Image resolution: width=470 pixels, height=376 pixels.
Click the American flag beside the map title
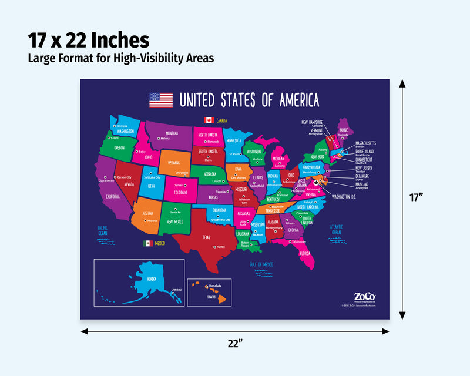(x=161, y=100)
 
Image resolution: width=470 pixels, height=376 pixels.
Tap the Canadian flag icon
(x=208, y=120)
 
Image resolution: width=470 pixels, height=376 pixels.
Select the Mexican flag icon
(x=147, y=243)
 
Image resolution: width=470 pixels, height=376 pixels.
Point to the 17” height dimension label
(x=417, y=198)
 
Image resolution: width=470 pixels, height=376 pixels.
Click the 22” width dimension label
(x=235, y=344)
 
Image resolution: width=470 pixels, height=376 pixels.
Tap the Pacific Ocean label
(x=103, y=229)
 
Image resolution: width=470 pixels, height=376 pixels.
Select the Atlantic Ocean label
(x=336, y=229)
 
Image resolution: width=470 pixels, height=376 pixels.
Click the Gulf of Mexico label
(x=261, y=264)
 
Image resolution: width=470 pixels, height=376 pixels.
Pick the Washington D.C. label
(x=344, y=197)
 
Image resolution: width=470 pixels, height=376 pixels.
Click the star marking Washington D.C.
(x=317, y=183)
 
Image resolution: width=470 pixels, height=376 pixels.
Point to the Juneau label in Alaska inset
(x=177, y=290)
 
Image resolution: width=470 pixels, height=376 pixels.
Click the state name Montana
(x=172, y=133)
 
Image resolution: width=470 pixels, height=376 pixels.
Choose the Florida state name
(x=305, y=253)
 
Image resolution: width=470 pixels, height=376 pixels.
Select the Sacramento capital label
(x=106, y=180)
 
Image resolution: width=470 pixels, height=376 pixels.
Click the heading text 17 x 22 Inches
(x=88, y=40)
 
